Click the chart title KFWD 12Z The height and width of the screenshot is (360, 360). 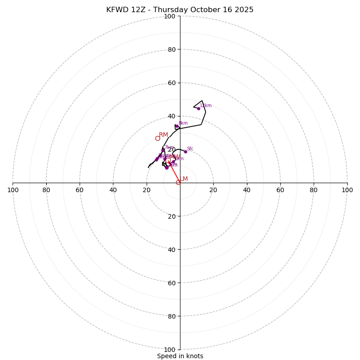180,10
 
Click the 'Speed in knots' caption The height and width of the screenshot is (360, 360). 180,356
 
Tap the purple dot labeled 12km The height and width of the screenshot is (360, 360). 198,108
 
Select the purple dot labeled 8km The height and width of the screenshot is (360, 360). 177,127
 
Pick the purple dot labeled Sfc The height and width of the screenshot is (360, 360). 185,152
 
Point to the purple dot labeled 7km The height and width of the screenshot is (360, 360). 163,151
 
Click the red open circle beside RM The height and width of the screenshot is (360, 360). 157,138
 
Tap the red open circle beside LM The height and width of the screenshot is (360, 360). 178,182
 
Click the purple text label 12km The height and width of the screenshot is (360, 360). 206,106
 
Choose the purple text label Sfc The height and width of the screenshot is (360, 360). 190,149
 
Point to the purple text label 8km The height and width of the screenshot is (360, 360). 183,123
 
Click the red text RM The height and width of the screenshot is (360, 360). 163,135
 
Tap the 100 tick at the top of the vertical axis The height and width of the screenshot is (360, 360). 170,16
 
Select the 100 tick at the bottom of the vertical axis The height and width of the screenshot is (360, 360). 170,350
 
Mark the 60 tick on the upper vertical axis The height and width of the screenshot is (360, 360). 172,83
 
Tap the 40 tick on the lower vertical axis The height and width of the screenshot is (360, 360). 172,249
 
